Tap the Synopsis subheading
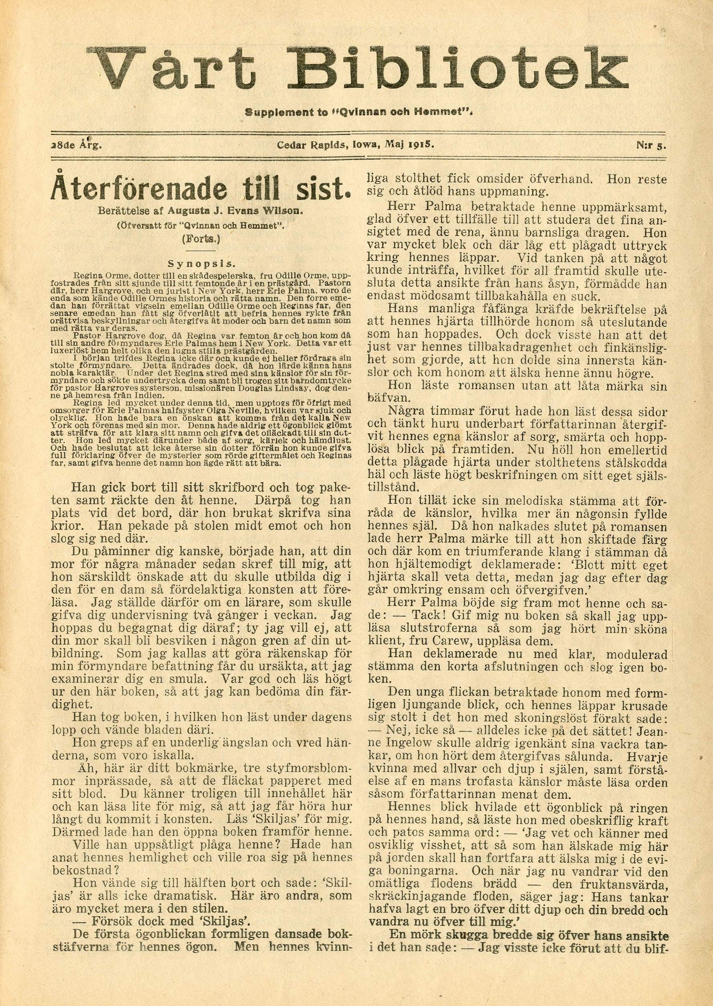pyautogui.click(x=203, y=264)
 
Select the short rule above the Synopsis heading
pyautogui.click(x=203, y=251)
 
